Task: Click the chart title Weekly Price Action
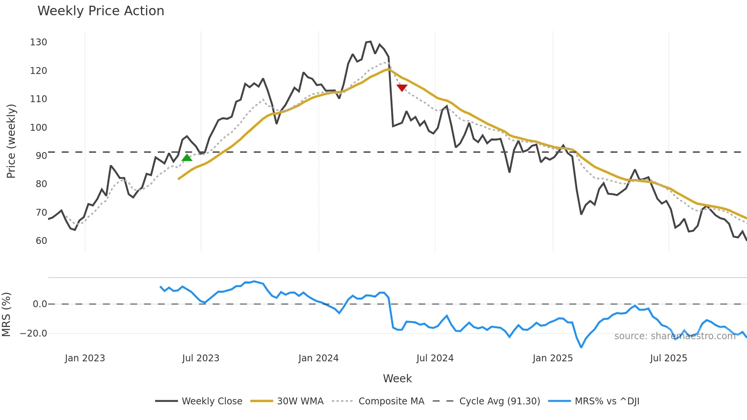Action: (101, 11)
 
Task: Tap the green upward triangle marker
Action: (187, 158)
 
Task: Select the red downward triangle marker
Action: (402, 88)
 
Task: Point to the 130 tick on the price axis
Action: (38, 42)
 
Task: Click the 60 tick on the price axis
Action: (41, 241)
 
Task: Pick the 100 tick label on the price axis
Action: (38, 128)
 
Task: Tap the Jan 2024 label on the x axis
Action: (318, 358)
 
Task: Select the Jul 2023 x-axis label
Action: (200, 358)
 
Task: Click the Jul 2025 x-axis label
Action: (668, 358)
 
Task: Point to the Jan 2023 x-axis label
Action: (85, 358)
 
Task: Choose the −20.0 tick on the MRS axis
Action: (34, 333)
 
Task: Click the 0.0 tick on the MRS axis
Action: (40, 304)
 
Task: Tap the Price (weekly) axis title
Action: (11, 141)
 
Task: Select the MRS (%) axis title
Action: (6, 314)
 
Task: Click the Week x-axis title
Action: (397, 378)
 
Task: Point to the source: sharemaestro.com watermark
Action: (675, 336)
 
